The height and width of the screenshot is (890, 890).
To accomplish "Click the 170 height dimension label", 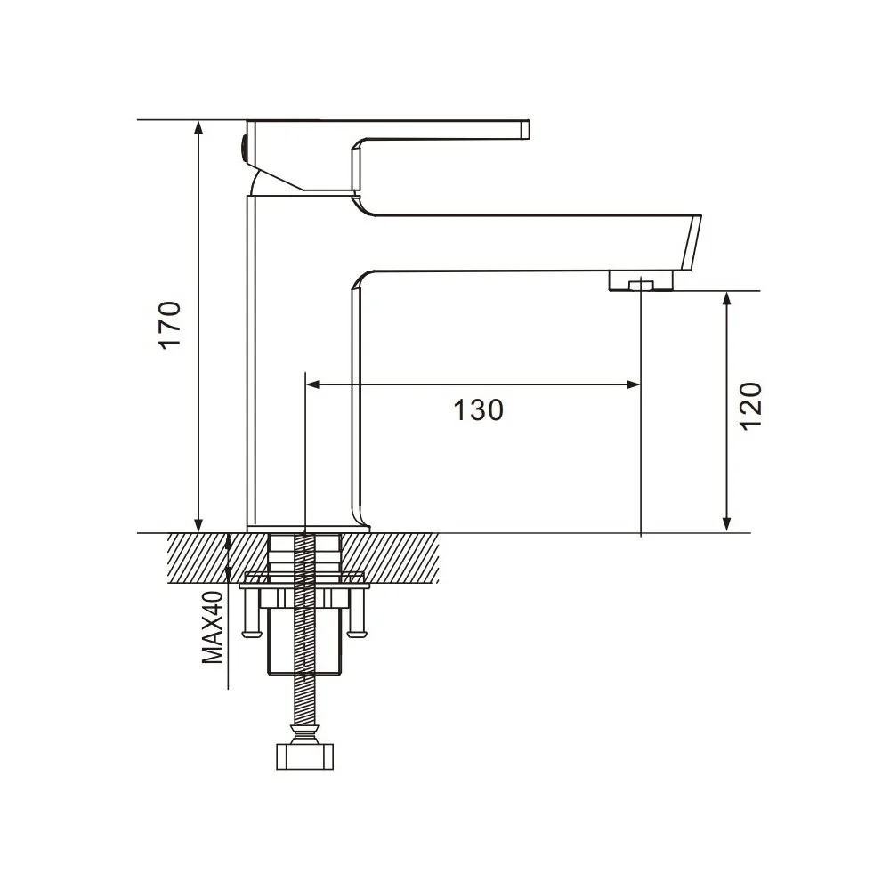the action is coord(170,325).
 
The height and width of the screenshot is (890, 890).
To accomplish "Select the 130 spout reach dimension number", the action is coord(479,409).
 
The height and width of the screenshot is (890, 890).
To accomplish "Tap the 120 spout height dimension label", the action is coord(750,407).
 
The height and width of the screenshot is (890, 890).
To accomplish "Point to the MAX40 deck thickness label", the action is coord(214,627).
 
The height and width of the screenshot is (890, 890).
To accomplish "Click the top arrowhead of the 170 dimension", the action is coord(198,126).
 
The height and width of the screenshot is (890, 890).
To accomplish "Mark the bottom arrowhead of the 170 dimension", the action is coord(198,526).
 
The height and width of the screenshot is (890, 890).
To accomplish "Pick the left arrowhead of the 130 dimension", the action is coord(312,384).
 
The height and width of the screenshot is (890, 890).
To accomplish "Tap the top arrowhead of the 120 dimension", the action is coord(726,298).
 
